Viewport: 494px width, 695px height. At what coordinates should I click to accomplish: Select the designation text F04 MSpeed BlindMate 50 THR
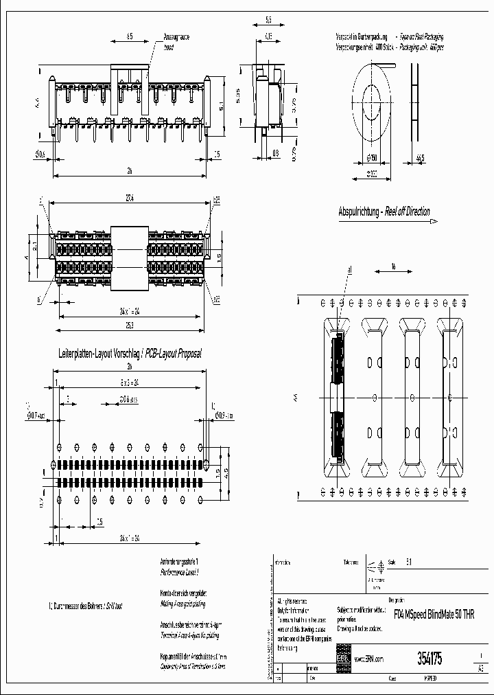pyautogui.click(x=434, y=613)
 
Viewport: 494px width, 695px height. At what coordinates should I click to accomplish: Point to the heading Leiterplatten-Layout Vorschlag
pyautogui.click(x=98, y=353)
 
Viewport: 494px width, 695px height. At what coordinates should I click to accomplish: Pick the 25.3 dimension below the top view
pyautogui.click(x=129, y=323)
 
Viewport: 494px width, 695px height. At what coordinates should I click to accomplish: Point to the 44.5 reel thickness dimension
pyautogui.click(x=419, y=158)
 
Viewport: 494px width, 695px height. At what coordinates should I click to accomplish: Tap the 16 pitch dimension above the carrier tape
pyautogui.click(x=393, y=267)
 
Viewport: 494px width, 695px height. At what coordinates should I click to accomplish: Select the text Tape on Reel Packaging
pyautogui.click(x=420, y=36)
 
